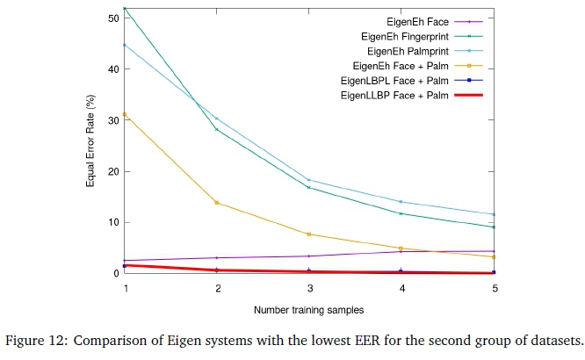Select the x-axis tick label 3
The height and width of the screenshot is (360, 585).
click(x=309, y=287)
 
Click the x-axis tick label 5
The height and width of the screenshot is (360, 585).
click(x=495, y=287)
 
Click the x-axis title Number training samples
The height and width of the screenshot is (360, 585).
click(x=309, y=310)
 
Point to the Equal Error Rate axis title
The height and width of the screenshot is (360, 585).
click(x=90, y=145)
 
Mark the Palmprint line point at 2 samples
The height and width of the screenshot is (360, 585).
click(x=217, y=119)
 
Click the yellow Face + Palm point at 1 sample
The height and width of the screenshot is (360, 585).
click(x=125, y=114)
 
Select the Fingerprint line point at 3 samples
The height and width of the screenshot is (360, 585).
click(x=309, y=187)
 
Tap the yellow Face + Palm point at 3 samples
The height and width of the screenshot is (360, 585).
click(x=309, y=234)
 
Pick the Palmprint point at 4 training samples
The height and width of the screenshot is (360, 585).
click(x=401, y=202)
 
